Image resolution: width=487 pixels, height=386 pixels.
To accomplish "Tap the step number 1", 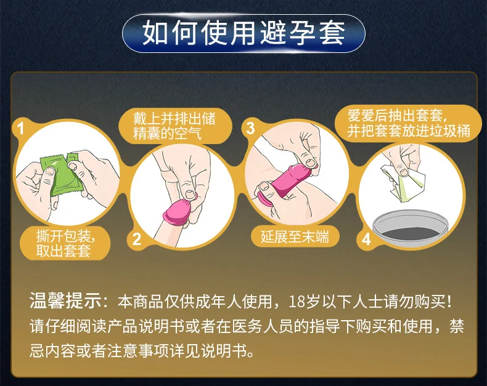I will coord(21,129).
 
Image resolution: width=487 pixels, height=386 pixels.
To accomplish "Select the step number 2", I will coord(137,239).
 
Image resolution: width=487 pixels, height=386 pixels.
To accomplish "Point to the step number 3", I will coord(250,128).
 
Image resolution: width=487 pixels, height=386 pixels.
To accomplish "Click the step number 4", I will coord(366,239).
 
